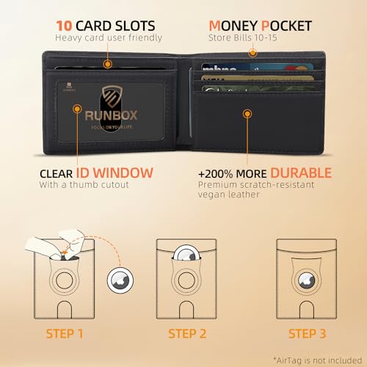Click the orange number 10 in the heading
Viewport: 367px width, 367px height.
coord(63,24)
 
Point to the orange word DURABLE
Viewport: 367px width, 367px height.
coord(302,173)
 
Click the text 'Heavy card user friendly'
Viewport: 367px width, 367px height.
coord(109,37)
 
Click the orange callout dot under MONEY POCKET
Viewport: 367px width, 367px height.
coord(252,52)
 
